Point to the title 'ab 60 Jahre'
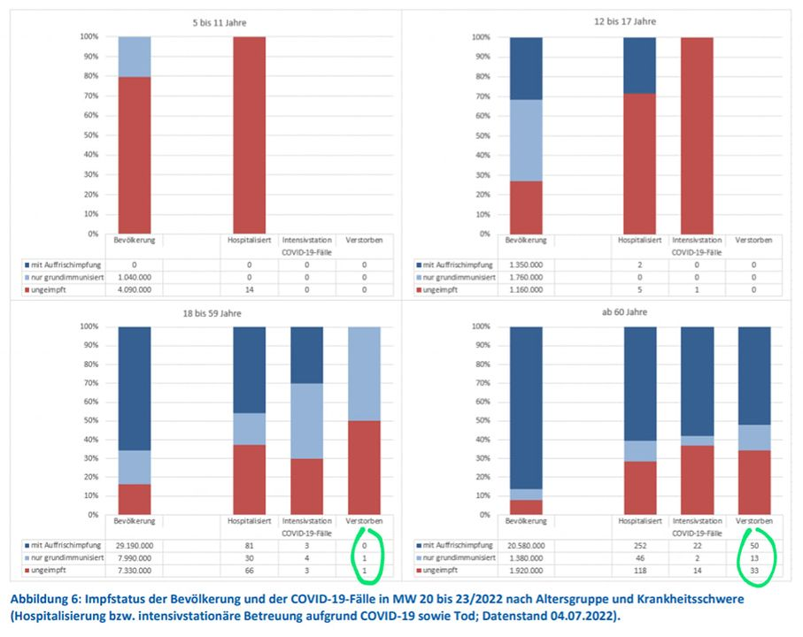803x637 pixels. pyautogui.click(x=603, y=313)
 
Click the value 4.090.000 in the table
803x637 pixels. pyautogui.click(x=133, y=288)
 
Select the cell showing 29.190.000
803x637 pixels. pyautogui.click(x=132, y=544)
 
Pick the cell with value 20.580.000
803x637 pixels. pyautogui.click(x=529, y=544)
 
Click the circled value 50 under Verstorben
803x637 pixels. pyautogui.click(x=754, y=544)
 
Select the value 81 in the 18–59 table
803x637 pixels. pyautogui.click(x=249, y=544)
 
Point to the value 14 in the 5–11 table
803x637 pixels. pyautogui.click(x=249, y=288)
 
